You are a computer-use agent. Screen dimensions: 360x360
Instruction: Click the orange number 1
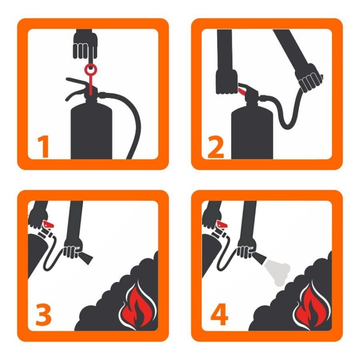point(44,147)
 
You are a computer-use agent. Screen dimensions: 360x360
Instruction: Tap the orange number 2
point(216,147)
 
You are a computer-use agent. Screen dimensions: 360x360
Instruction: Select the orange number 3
point(43,314)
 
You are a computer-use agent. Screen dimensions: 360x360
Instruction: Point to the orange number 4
point(219,314)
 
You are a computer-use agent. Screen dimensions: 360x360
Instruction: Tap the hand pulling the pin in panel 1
point(85,45)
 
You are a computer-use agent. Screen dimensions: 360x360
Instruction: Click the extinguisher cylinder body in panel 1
point(91,131)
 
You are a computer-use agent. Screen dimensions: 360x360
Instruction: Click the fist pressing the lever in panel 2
point(227,81)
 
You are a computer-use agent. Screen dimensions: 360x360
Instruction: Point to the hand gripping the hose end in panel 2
point(309,77)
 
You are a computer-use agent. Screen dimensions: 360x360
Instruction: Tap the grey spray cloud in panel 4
point(277,271)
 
